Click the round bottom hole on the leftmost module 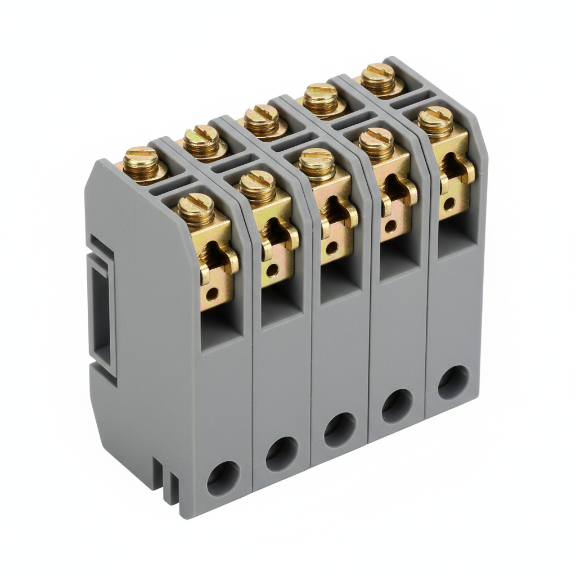point(223,478)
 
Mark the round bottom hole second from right point(397,406)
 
